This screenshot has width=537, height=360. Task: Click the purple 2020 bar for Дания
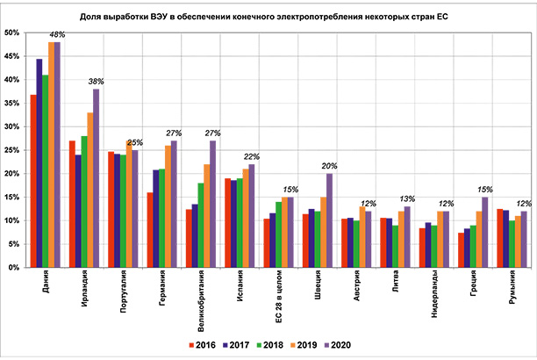pyautogui.click(x=58, y=155)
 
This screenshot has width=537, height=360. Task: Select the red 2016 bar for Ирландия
pyautogui.click(x=72, y=204)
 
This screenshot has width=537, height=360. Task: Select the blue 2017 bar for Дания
pyautogui.click(x=39, y=163)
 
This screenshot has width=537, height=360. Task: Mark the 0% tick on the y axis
pyautogui.click(x=15, y=268)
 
